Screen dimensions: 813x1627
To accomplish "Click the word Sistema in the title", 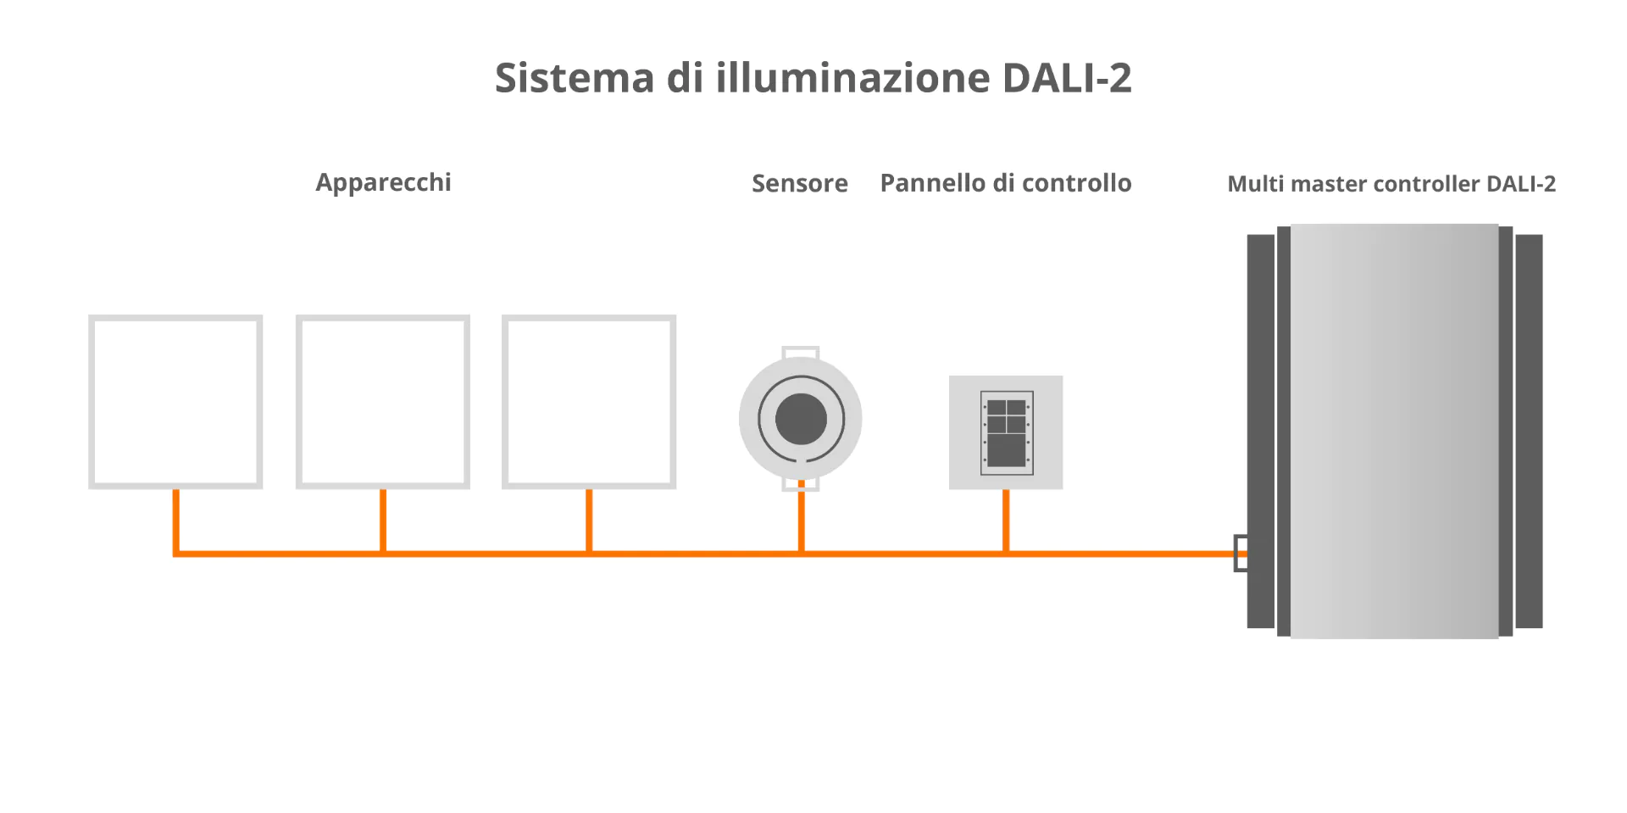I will point(575,78).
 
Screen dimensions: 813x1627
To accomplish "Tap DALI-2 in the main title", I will point(1067,78).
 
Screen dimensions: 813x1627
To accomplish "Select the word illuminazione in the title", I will point(852,78).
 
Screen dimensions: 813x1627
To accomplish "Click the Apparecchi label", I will point(383,183).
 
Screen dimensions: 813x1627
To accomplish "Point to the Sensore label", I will point(799,184).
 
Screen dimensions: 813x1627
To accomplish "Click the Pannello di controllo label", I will point(1005,183).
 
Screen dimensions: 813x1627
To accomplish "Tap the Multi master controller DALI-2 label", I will point(1391,184).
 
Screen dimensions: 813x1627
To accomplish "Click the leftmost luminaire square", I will point(175,402).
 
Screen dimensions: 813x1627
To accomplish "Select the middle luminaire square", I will point(383,402).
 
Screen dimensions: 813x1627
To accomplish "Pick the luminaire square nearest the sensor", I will point(589,402).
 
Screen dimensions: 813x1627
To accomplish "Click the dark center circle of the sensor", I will point(801,419).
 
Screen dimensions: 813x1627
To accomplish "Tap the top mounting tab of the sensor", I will point(801,352).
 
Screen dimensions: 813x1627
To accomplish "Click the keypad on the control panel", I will point(1007,432).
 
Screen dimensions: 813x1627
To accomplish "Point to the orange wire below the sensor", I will point(801,521).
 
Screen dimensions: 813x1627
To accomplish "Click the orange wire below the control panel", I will point(1006,521).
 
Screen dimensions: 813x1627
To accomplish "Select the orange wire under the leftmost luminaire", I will point(175,521).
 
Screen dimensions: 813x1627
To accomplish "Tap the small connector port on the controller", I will point(1241,553).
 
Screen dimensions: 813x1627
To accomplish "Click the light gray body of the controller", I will point(1394,431).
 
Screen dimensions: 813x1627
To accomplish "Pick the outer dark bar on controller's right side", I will point(1529,431).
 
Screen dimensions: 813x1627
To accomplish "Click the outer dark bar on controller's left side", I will point(1260,431).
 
